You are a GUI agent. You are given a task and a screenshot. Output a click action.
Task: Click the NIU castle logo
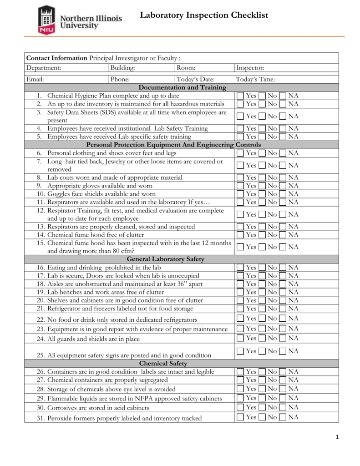pos(46,20)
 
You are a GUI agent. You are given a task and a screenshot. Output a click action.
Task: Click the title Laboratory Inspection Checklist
pos(203,15)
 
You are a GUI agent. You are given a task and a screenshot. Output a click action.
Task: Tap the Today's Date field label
pos(195,79)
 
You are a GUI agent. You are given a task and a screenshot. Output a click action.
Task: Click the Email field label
pos(35,79)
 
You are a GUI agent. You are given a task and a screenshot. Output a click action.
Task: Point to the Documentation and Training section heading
pos(182,87)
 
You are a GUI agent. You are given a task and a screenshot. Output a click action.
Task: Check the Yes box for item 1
pos(240,96)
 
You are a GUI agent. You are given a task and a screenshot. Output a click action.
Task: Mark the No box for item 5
pos(262,137)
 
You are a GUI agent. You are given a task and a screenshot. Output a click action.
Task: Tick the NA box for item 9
pos(283,186)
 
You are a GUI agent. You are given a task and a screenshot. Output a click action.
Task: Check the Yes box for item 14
pos(240,235)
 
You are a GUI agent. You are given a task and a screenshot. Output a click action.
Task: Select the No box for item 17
pos(262,276)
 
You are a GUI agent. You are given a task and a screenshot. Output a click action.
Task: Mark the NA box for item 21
pos(283,309)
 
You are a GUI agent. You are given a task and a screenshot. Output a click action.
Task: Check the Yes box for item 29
pos(240,398)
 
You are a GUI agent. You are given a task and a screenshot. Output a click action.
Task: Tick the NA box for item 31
pos(283,417)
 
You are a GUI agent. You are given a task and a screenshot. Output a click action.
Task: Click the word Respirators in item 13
pos(64,227)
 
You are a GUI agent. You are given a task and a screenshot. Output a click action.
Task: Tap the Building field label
pos(122,68)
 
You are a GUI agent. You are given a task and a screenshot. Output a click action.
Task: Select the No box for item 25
pos(262,351)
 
